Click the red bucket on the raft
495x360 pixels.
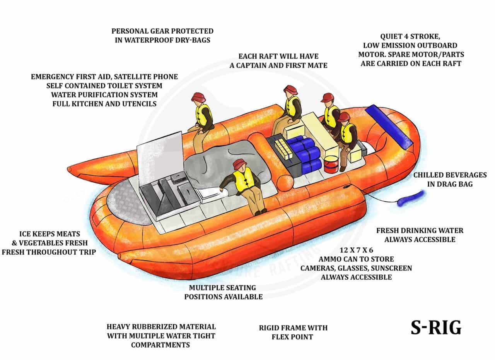tap(331, 164)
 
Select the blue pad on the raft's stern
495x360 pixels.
tap(388, 127)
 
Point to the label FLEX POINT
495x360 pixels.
tap(292, 337)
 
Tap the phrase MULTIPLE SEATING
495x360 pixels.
tap(223, 288)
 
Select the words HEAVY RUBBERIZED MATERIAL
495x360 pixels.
tap(161, 327)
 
